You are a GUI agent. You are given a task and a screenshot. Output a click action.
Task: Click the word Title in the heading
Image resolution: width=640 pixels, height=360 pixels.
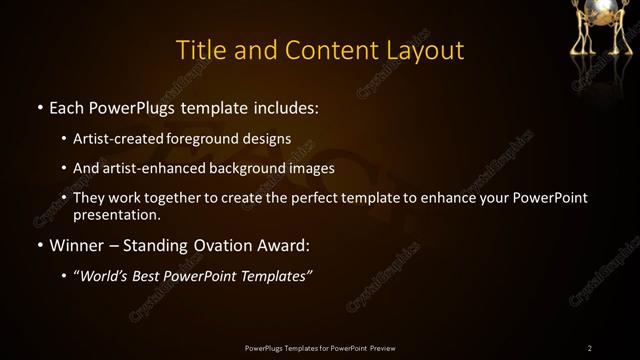tap(200, 50)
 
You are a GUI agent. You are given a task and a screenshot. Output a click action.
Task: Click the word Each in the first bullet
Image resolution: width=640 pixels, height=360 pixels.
tap(67, 105)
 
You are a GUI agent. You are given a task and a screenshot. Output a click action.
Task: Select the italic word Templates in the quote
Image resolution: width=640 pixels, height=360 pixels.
tap(279, 277)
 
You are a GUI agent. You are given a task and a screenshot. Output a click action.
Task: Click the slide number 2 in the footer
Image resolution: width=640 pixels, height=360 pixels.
tap(590, 347)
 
